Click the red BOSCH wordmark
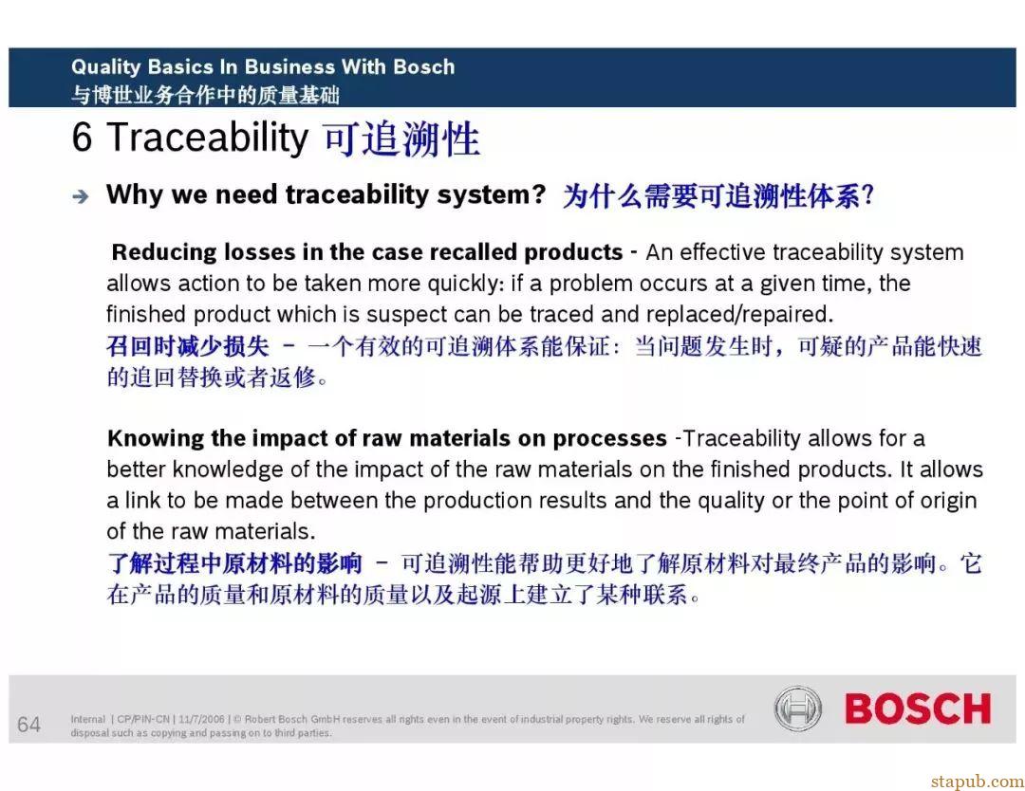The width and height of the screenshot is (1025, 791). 918,708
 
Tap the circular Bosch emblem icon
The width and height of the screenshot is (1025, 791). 797,708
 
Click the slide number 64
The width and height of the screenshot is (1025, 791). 28,725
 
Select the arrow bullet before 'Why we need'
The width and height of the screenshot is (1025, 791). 81,196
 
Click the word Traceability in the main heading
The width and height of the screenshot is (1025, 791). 207,138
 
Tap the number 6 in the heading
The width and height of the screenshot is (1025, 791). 82,138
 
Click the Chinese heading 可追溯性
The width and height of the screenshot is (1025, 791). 401,139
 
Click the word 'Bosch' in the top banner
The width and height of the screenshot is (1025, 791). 423,66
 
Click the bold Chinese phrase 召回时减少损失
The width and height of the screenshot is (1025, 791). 188,346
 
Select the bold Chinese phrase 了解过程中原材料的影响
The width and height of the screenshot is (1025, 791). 234,563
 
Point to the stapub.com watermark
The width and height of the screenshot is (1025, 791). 978,782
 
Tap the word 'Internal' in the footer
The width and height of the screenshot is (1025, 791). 87,719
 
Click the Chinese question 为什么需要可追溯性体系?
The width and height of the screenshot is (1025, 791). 718,196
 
